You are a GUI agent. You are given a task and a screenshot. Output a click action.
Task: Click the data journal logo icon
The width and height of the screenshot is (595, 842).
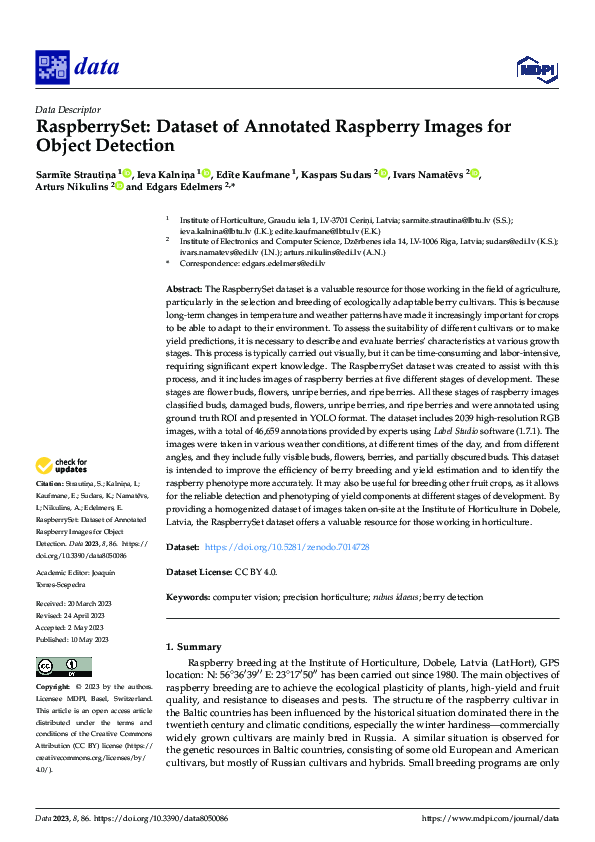click(x=50, y=67)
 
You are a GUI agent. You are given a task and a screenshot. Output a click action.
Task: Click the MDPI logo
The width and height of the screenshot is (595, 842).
click(x=530, y=68)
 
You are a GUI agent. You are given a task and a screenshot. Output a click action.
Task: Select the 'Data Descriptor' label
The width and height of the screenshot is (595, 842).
click(x=67, y=109)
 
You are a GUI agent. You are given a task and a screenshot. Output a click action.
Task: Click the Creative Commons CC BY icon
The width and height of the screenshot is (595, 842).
click(x=57, y=667)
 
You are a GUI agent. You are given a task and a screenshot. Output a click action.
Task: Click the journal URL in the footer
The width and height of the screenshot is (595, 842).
click(x=491, y=818)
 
